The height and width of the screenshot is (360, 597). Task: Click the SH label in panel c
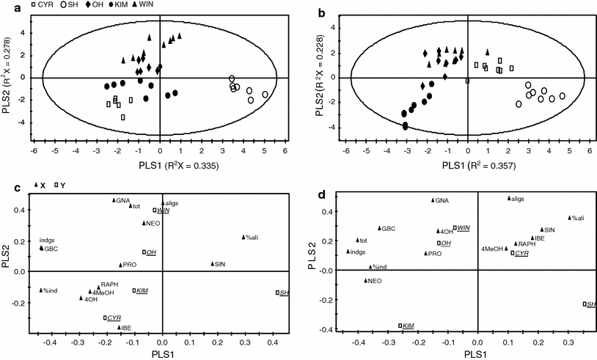[x=285, y=293]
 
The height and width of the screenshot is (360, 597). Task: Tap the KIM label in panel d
[x=408, y=326]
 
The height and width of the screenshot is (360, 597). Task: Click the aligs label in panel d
[x=518, y=199]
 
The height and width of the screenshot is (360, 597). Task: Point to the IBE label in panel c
[x=126, y=328]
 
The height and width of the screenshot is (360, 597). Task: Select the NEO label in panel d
[x=374, y=281]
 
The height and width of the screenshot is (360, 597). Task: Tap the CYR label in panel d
[x=521, y=252]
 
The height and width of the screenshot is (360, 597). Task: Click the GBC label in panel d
[x=389, y=228]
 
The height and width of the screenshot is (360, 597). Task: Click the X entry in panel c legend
[x=42, y=185]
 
